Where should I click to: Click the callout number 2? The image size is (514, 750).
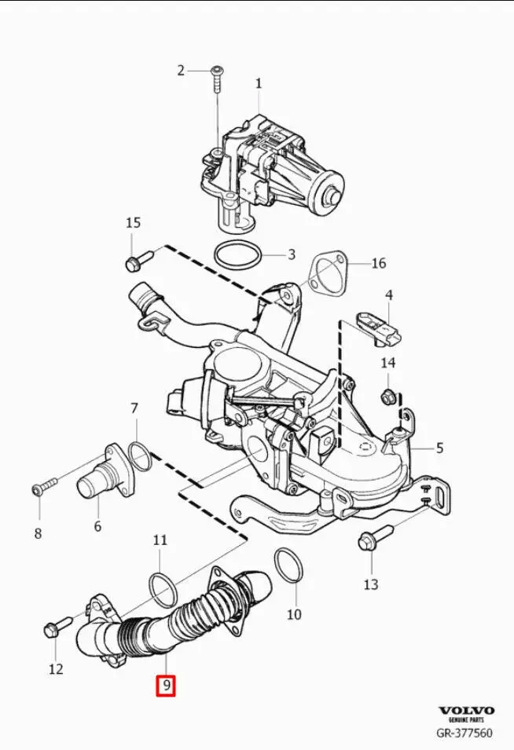pos(181,70)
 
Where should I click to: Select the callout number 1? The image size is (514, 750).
pos(259,83)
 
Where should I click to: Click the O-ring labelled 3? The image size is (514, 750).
pos(239,255)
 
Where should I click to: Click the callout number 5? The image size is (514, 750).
pos(440,448)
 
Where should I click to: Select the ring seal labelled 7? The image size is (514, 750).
pos(139,455)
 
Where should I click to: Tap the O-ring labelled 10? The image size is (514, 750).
pos(288,567)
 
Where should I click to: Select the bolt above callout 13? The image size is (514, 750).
pos(368,541)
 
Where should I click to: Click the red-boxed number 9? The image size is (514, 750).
pos(165,686)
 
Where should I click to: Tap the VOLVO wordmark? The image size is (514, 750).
pos(466,709)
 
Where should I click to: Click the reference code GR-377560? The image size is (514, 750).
pos(465,734)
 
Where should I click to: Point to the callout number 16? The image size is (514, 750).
pos(378,262)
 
